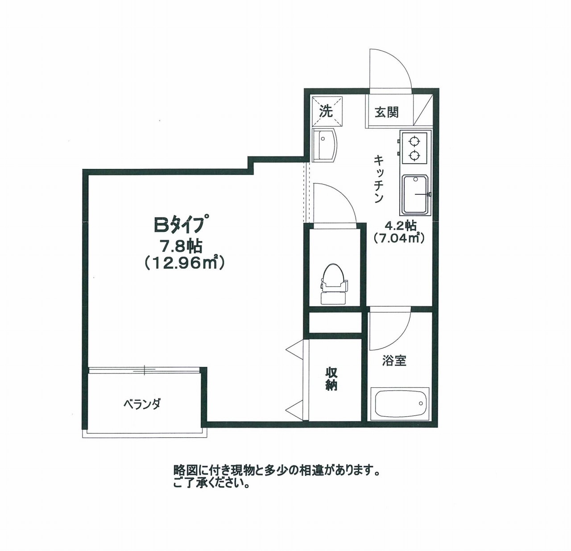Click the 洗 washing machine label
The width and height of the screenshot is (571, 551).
click(326, 111)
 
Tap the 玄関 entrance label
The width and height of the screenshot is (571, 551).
click(386, 112)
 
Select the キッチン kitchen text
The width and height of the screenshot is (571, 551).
click(379, 179)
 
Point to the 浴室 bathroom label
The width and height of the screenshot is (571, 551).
click(394, 361)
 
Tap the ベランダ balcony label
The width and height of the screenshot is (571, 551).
click(142, 405)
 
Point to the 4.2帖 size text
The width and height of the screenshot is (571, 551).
click(400, 226)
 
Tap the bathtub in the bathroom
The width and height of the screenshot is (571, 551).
click(400, 403)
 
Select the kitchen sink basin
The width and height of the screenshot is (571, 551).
click(415, 195)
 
